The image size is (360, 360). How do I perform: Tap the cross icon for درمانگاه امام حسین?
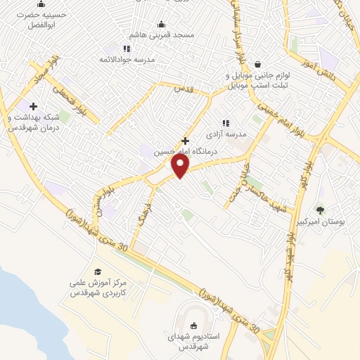coord(186,141)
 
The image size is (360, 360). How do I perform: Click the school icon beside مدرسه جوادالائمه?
coord(127,49)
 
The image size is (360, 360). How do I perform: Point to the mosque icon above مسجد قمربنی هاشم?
coord(161,24)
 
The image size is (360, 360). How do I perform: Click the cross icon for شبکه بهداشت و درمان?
coord(33,106)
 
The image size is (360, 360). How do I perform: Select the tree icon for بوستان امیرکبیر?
coord(321,210)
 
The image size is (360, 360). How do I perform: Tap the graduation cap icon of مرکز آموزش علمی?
coord(98,271)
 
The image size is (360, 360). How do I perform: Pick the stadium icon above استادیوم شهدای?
coord(194,325)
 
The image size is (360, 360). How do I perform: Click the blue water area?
coord(14,295)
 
